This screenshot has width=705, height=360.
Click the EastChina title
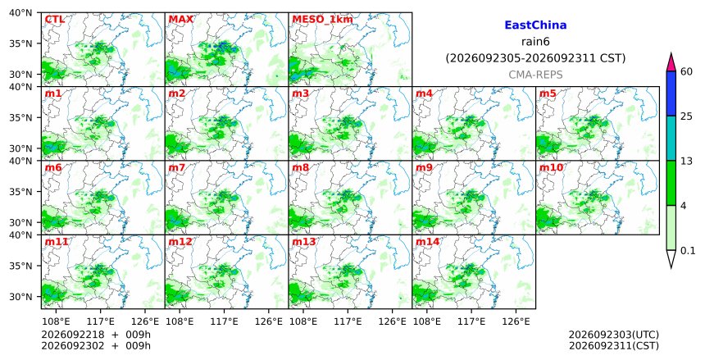click(535, 25)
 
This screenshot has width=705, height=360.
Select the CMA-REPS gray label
click(535, 75)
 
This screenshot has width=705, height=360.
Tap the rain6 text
click(535, 42)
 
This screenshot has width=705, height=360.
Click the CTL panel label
click(54, 20)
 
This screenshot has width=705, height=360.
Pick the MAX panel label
click(180, 20)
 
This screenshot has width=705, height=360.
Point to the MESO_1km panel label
click(322, 20)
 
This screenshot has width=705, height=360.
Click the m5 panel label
click(547, 93)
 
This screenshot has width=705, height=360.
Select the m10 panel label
click(551, 168)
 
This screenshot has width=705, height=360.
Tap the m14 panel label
click(427, 242)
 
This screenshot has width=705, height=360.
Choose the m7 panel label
click(177, 168)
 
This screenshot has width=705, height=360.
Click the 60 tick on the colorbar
click(686, 71)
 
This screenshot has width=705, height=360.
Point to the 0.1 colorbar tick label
click(688, 251)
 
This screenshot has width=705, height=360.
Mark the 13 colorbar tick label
click(686, 161)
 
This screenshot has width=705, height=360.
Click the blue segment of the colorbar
click(671, 93)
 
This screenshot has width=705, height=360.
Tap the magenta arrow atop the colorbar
click(671, 62)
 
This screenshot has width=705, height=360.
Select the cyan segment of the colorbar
click(671, 139)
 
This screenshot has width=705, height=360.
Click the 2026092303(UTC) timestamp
click(614, 335)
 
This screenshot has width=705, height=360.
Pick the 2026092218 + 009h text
click(96, 335)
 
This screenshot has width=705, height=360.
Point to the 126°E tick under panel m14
click(516, 321)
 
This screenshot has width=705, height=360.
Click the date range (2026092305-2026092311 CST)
click(535, 58)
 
